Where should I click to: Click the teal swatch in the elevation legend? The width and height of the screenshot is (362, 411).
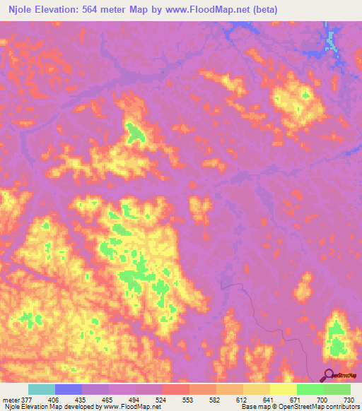tap(42, 389)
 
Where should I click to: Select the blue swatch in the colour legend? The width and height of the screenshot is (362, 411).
tap(69, 389)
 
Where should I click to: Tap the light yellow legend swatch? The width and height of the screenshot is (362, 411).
tap(283, 389)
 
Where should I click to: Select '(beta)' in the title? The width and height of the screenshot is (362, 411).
tap(263, 10)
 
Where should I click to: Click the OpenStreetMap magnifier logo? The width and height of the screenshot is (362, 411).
tap(329, 376)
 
